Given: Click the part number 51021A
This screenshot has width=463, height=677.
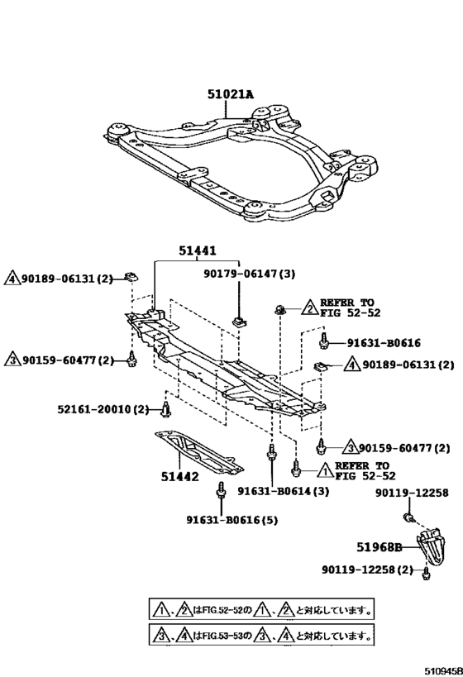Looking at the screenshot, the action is [x=230, y=93].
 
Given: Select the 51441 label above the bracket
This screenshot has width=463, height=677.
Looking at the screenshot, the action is [x=198, y=250].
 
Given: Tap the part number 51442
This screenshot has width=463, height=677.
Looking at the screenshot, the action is [x=180, y=477].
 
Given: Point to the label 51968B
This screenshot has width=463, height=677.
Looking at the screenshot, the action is [x=379, y=547].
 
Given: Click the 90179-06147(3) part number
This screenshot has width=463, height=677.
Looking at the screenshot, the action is [x=250, y=274].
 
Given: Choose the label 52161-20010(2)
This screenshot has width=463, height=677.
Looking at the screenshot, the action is [x=103, y=408].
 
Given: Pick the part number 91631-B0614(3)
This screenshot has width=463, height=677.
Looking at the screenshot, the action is [x=284, y=491].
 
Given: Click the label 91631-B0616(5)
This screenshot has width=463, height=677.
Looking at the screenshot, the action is [x=232, y=520].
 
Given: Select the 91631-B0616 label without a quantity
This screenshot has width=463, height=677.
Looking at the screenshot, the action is [x=384, y=343].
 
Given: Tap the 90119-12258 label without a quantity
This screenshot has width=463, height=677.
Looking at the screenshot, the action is [x=412, y=493].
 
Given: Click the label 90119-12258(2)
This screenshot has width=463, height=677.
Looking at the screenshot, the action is [x=367, y=570].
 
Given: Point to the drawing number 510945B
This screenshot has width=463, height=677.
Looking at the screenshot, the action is [x=443, y=671].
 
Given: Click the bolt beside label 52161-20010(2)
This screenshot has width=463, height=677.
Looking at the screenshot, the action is [x=166, y=409].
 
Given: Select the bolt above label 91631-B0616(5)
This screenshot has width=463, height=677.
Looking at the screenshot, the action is [x=221, y=490].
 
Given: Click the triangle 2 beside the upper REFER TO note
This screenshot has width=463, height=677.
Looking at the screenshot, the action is [x=310, y=308].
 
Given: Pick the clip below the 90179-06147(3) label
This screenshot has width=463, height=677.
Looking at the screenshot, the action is [x=238, y=321].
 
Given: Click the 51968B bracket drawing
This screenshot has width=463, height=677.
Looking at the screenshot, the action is [x=432, y=546].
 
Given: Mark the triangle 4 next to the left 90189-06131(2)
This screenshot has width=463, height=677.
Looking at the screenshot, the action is [x=12, y=279].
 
